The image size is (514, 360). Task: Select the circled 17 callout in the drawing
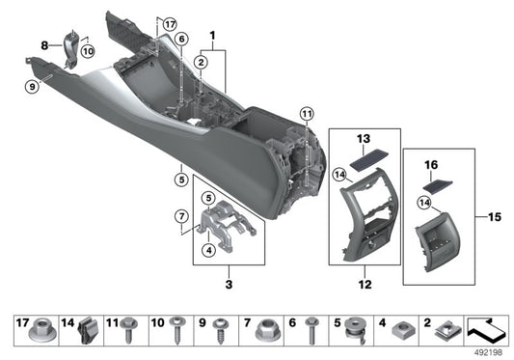coord(171,23)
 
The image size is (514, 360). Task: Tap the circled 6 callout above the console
coord(180,39)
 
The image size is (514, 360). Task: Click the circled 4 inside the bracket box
coord(208,251)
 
